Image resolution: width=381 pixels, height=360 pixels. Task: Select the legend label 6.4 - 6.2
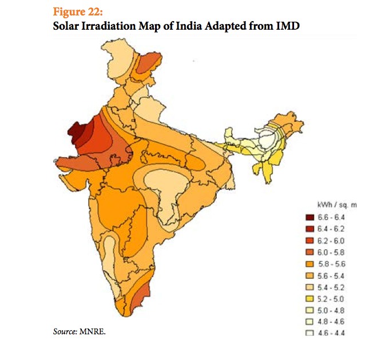[x=328, y=228]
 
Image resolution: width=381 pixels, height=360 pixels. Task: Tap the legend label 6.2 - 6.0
[x=328, y=240]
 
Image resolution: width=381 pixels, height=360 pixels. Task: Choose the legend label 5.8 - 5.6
[x=328, y=263]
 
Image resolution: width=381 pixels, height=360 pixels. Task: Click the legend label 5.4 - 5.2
[x=328, y=287]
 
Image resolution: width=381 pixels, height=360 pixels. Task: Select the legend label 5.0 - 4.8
[x=328, y=310]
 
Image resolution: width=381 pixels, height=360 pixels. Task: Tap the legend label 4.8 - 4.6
[x=328, y=322]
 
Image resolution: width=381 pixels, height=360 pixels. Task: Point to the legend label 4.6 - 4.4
[x=328, y=334]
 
